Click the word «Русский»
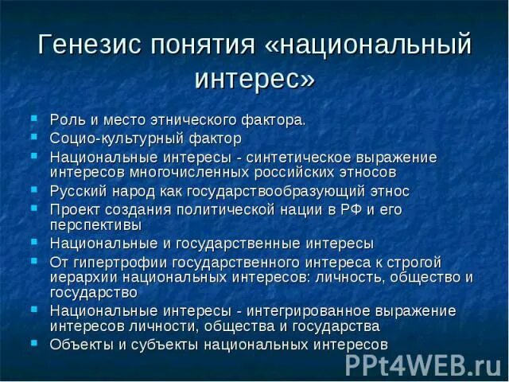(75, 191)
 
